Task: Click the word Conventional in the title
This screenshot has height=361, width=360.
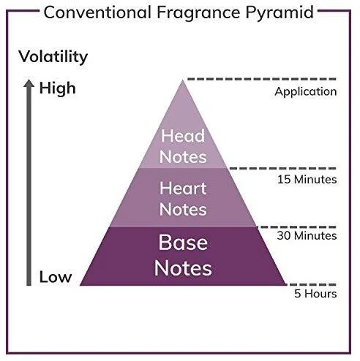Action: click(97, 12)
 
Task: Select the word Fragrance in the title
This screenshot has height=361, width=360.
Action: click(198, 13)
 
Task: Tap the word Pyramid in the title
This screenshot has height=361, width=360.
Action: click(280, 13)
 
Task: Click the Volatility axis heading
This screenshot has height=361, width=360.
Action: click(53, 57)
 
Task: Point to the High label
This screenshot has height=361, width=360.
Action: click(58, 88)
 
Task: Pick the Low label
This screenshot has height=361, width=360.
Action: click(56, 277)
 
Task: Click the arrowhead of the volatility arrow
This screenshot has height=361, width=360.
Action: click(29, 83)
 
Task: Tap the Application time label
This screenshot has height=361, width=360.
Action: click(306, 92)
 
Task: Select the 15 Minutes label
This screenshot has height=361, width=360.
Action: click(307, 180)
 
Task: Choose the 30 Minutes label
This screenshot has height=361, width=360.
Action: click(307, 235)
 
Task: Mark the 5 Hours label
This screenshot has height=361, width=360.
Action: click(315, 294)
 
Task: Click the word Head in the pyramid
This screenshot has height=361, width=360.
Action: click(183, 136)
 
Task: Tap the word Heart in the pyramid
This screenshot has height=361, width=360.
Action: click(183, 189)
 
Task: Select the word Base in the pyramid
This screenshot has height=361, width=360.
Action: click(183, 242)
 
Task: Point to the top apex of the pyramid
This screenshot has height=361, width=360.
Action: click(182, 80)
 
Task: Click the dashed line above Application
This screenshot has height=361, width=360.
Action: click(262, 79)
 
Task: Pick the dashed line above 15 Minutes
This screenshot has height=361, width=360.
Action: click(283, 168)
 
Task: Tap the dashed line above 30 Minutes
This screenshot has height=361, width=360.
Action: click(297, 227)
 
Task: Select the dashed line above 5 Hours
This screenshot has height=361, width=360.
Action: click(312, 284)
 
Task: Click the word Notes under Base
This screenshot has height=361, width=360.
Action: click(183, 268)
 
